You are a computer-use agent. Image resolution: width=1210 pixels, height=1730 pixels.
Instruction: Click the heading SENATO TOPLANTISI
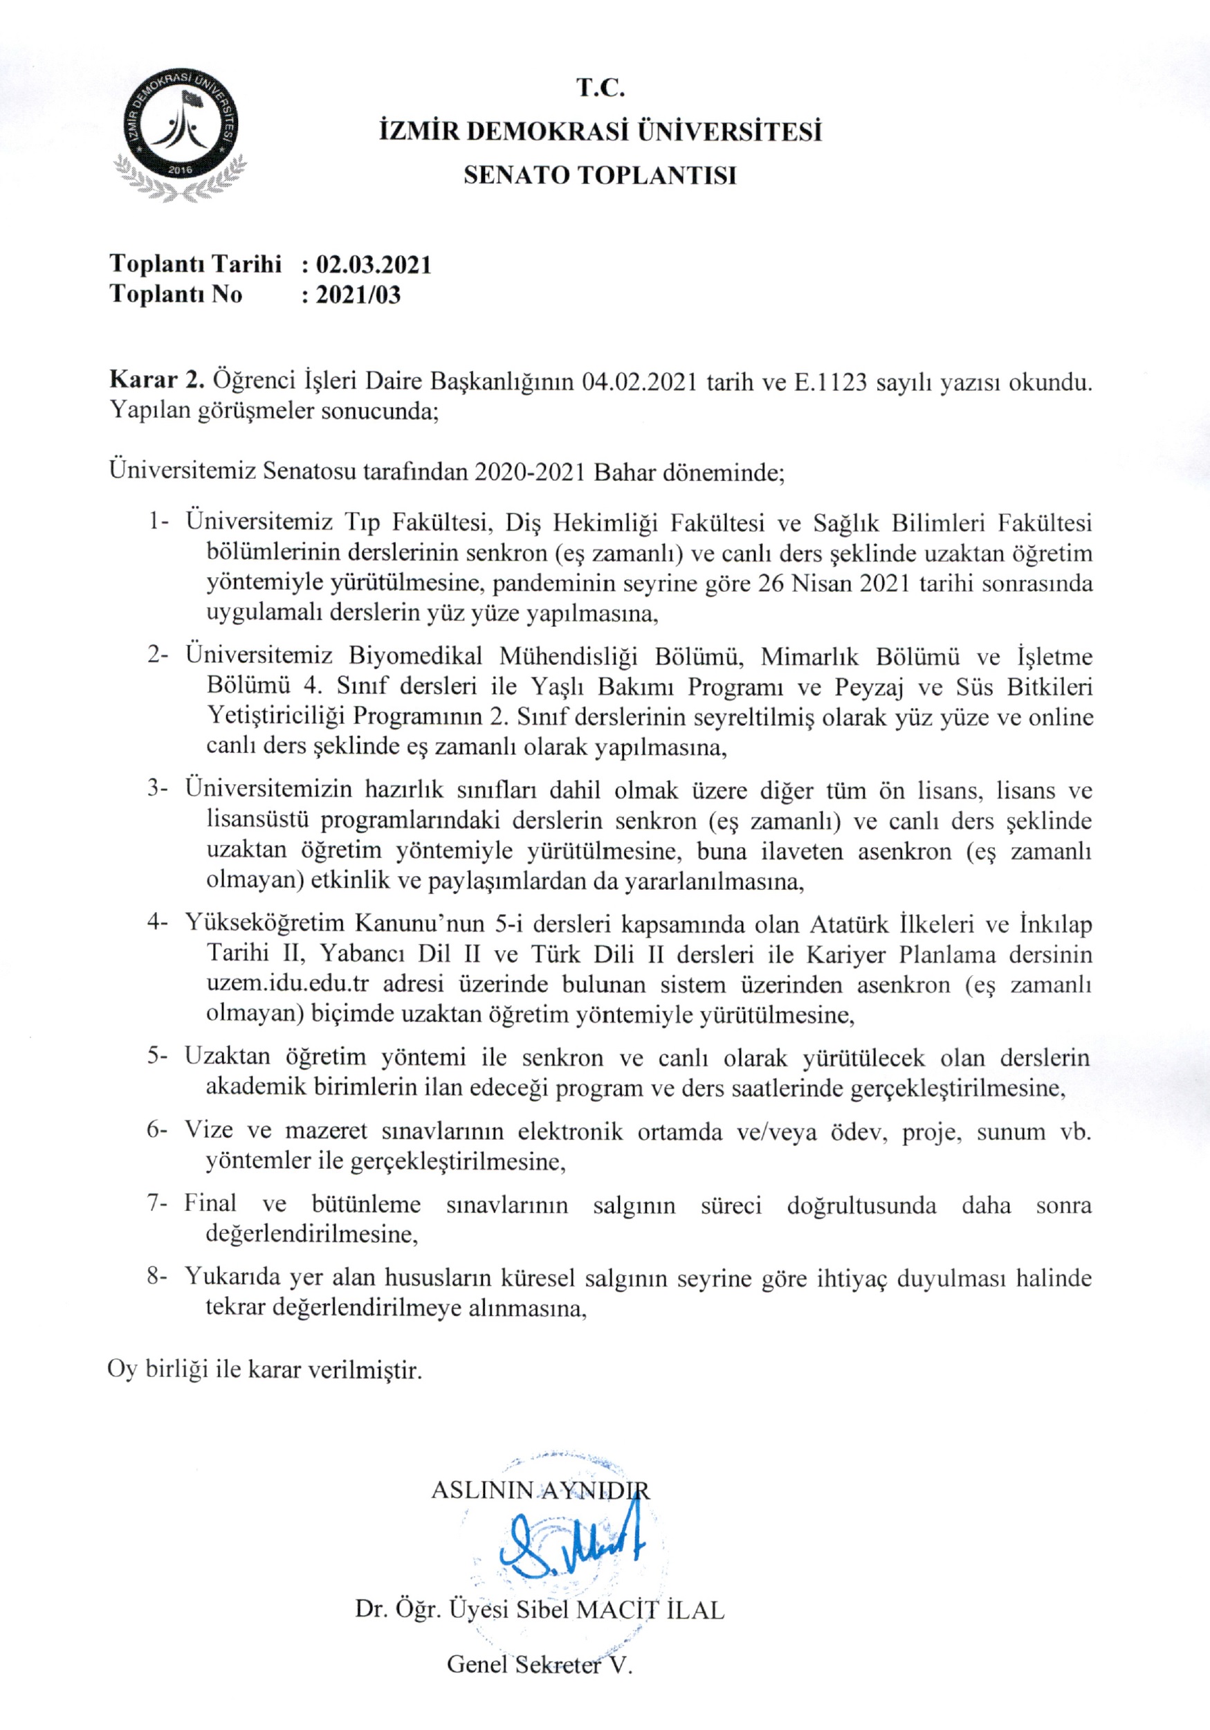[x=600, y=176]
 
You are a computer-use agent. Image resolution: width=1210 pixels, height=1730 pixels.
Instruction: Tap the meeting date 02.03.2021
[x=374, y=264]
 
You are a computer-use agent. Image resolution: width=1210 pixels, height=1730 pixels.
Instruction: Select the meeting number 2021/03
[x=358, y=295]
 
